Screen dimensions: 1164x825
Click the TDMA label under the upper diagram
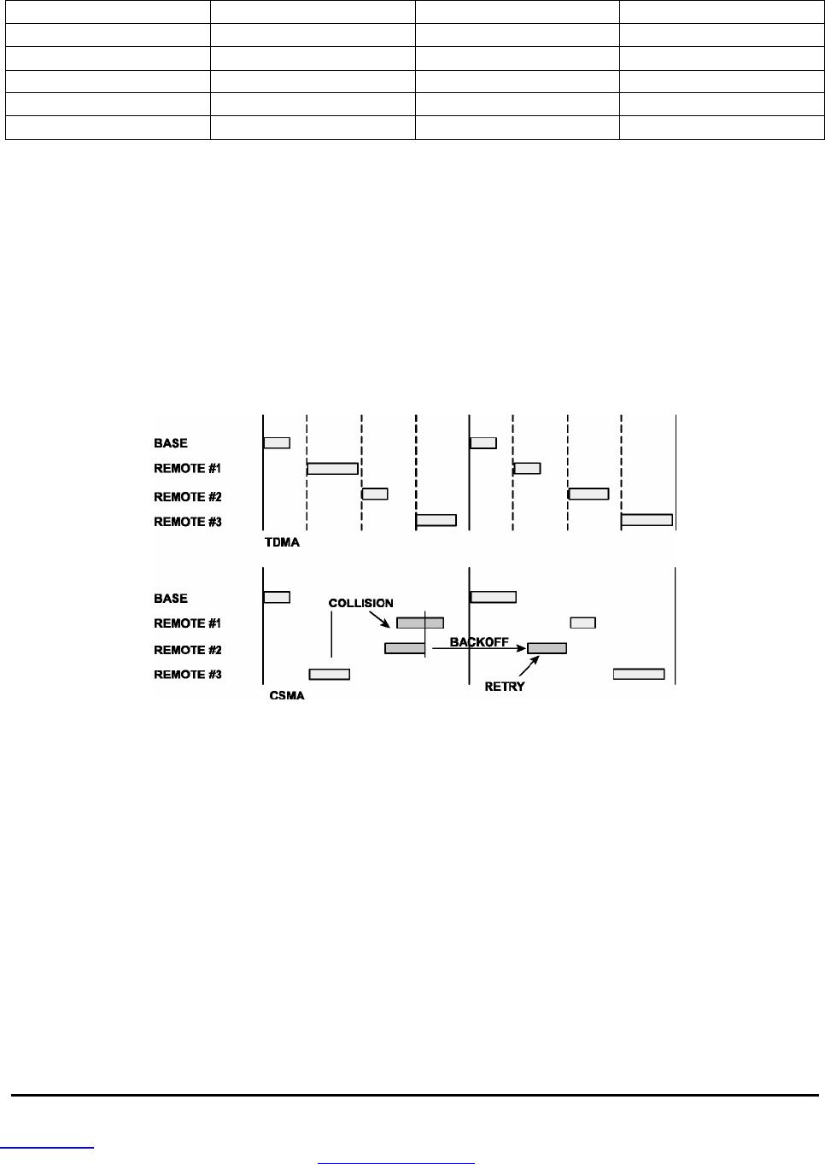click(x=282, y=542)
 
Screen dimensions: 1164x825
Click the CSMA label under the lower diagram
click(x=287, y=695)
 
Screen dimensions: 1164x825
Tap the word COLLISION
click(x=360, y=603)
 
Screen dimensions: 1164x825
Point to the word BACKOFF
click(x=479, y=641)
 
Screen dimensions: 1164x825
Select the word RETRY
click(x=505, y=687)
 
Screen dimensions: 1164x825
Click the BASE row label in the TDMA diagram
click(x=171, y=443)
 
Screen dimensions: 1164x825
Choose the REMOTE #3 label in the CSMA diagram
click(x=188, y=675)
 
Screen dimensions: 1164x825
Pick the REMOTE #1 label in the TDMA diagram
click(x=188, y=468)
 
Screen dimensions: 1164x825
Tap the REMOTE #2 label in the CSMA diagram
click(x=188, y=650)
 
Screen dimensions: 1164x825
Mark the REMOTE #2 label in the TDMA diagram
click(x=188, y=496)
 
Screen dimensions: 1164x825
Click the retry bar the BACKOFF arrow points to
click(x=547, y=648)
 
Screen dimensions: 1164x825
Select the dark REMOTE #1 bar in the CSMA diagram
click(x=420, y=623)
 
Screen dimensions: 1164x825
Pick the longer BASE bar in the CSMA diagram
click(x=493, y=597)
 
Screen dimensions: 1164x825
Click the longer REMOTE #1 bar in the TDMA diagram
click(x=332, y=468)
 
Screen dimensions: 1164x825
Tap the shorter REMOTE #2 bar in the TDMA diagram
click(x=375, y=494)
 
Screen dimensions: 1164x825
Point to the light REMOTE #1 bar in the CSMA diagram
click(x=582, y=623)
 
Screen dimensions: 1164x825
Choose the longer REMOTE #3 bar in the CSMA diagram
click(x=639, y=674)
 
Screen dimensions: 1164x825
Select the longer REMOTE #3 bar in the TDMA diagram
click(x=647, y=519)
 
